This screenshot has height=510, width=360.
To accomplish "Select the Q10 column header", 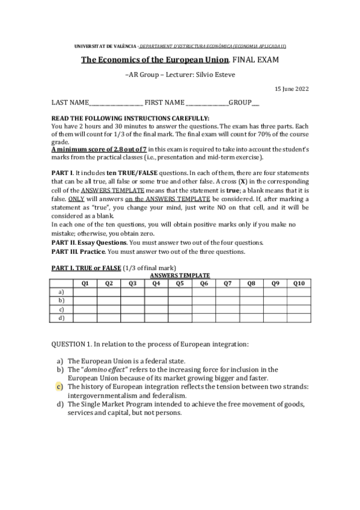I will [x=299, y=282].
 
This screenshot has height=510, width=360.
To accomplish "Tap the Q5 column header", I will [x=180, y=282].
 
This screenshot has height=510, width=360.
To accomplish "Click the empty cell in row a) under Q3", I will [x=132, y=290].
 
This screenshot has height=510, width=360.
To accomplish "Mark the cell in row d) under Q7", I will [x=227, y=319].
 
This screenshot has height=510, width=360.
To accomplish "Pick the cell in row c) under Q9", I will [x=275, y=309].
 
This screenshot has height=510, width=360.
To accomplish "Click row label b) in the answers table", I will [x=61, y=300].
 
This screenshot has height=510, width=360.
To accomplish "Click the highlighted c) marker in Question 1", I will [x=60, y=387].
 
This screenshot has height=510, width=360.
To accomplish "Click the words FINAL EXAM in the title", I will [x=256, y=60].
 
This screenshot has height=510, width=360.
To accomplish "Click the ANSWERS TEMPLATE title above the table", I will [x=180, y=274].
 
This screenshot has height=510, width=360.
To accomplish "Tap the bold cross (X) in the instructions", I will [x=242, y=181].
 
